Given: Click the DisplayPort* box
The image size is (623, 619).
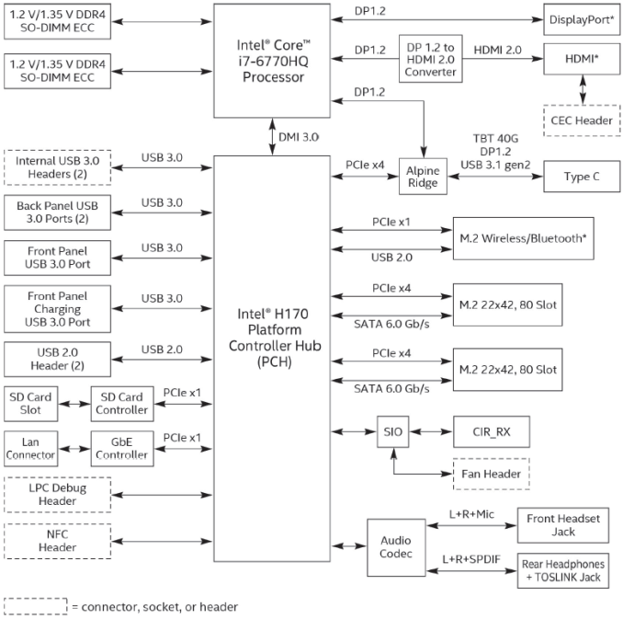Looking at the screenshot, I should point(583,18).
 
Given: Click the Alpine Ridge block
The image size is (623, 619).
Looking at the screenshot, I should point(425,176).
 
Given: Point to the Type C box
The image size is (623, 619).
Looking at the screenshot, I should point(583,176).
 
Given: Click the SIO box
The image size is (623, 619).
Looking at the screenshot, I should point(391,430).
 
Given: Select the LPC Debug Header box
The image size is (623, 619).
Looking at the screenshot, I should point(57,495).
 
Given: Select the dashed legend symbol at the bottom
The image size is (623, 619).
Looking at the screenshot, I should point(36,605).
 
